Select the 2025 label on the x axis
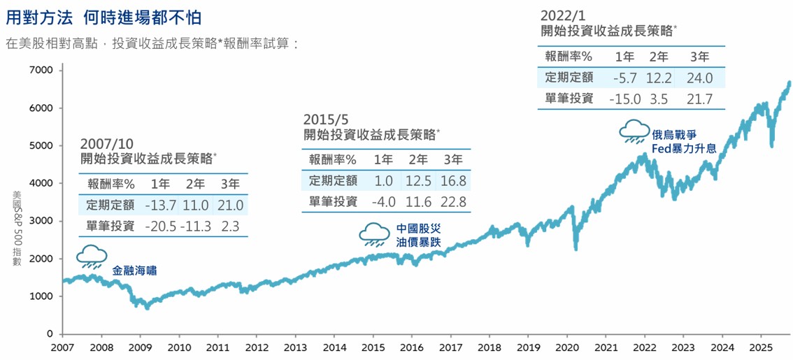click(762, 347)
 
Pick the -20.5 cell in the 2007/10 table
click(161, 226)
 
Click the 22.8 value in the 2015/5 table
click(452, 201)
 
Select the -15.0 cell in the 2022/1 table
click(624, 99)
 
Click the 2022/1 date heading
click(564, 15)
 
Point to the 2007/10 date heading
click(106, 143)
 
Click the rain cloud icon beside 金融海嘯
click(92, 256)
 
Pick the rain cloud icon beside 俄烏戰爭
click(634, 130)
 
